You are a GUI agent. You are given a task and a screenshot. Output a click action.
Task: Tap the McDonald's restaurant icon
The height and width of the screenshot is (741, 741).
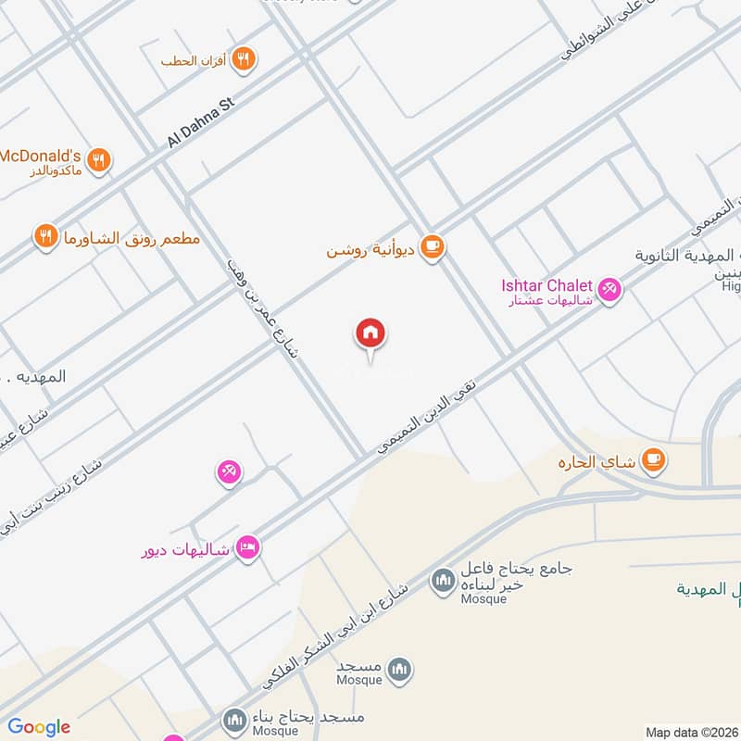[100, 160]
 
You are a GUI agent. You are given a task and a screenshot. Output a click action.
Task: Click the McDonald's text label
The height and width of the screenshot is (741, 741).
[41, 156]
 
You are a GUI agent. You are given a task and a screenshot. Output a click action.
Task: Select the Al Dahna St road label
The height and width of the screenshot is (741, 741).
[201, 123]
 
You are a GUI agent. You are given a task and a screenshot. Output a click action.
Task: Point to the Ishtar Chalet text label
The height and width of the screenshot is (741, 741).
[546, 285]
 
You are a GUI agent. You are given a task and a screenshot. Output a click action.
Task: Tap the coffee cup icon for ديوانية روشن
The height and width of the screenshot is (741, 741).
[432, 247]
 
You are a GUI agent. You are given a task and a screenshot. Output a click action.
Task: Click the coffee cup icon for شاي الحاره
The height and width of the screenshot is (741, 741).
[654, 459]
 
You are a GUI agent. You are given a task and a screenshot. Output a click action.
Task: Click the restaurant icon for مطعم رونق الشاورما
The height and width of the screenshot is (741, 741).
[44, 237]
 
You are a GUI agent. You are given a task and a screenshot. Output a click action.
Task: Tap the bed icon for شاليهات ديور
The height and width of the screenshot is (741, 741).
[247, 548]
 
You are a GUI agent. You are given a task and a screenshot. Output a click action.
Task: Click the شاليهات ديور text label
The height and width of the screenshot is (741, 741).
[183, 549]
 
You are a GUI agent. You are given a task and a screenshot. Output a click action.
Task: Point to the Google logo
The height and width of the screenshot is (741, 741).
[38, 727]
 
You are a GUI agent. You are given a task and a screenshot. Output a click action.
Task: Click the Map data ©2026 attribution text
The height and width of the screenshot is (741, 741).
[690, 732]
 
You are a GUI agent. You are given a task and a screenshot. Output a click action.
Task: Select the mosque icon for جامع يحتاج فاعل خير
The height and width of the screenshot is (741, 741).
[441, 583]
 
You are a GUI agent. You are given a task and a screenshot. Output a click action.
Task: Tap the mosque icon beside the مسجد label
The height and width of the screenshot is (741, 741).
[399, 669]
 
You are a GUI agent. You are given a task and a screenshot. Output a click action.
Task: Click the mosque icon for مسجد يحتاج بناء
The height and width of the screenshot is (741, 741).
[232, 719]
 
